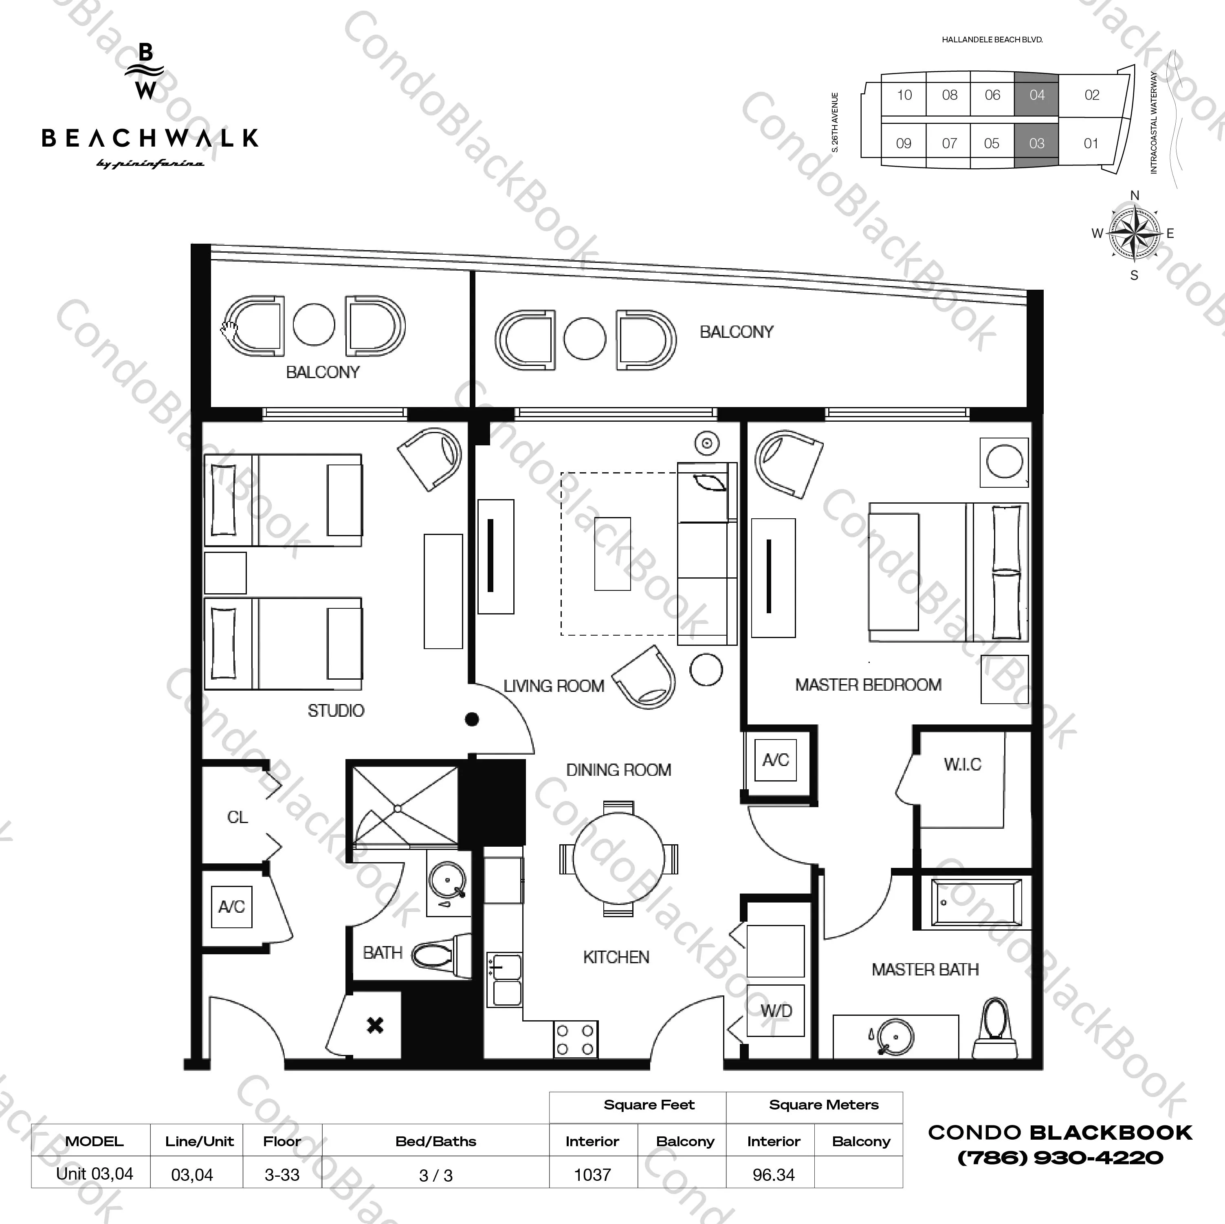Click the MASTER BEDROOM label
[x=868, y=685]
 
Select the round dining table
[x=619, y=858]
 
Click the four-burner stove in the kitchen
[x=575, y=1040]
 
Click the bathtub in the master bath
[x=976, y=903]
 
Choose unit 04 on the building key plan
[x=1037, y=95]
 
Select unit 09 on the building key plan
[x=904, y=143]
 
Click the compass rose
[x=1134, y=233]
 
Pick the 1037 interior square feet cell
[x=592, y=1175]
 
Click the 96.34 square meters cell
[x=774, y=1175]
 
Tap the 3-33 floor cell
[x=282, y=1175]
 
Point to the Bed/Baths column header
[x=435, y=1141]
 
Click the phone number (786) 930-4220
[x=1060, y=1158]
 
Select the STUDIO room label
[x=336, y=710]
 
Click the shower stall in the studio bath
[x=405, y=807]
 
